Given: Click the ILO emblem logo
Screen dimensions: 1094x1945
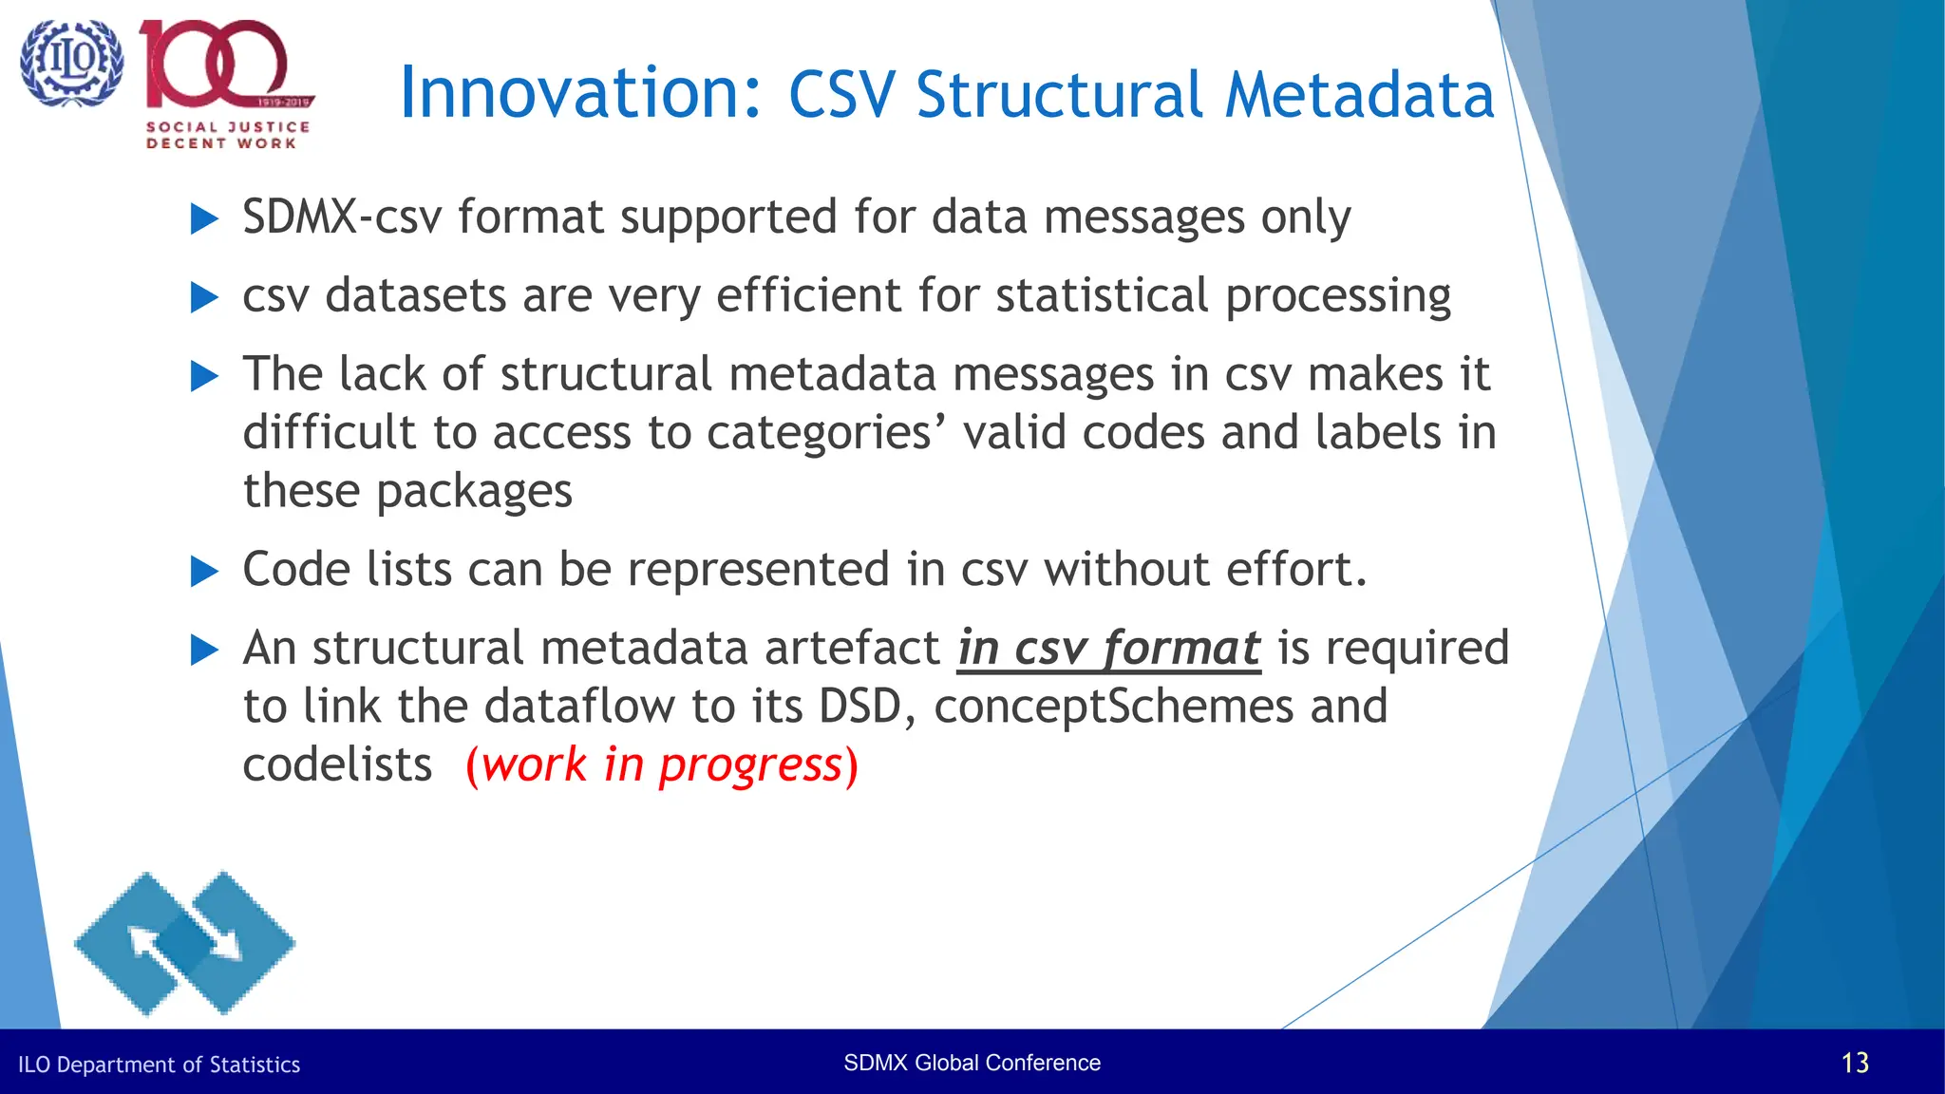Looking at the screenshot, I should click(x=71, y=63).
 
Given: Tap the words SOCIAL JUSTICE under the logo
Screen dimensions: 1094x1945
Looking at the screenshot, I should click(x=228, y=126).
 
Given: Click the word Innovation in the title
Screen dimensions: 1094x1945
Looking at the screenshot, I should click(x=579, y=93).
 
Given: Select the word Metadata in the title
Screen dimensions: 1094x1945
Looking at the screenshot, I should click(x=1359, y=95).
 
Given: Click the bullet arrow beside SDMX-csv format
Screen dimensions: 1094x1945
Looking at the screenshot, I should click(x=204, y=219).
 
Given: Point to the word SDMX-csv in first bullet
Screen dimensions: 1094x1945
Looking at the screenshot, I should click(x=342, y=217).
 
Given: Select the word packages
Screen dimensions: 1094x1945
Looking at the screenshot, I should click(x=474, y=492).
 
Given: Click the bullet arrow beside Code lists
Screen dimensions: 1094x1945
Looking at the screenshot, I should click(x=204, y=572).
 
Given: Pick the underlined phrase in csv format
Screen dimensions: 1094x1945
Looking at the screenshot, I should click(x=1108, y=649).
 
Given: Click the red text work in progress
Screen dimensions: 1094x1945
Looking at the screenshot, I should click(x=662, y=765).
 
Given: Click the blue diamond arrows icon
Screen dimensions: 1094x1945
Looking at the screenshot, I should click(x=185, y=943).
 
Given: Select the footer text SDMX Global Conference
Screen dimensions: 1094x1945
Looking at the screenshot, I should click(x=972, y=1063).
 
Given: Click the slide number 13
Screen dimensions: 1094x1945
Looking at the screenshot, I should click(x=1854, y=1063).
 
